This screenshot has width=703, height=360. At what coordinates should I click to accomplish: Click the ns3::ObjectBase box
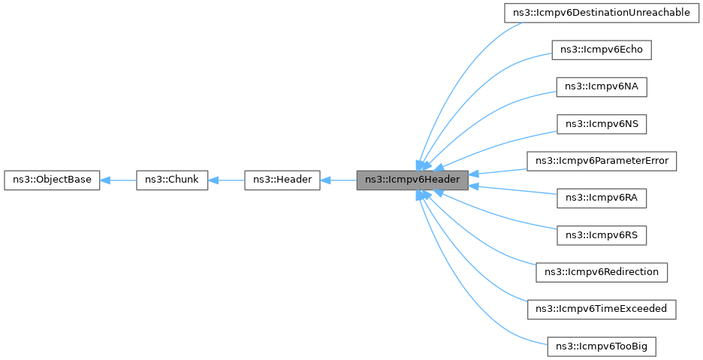52,180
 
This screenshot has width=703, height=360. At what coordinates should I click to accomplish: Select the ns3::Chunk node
172,180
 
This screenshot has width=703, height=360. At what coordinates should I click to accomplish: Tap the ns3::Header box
282,180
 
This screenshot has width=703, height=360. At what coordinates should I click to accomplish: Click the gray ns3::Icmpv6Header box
412,180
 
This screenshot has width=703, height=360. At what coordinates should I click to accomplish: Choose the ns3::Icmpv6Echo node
601,50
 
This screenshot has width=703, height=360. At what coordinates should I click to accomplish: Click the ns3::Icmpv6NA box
601,86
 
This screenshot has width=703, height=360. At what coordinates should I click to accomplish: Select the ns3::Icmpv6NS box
601,123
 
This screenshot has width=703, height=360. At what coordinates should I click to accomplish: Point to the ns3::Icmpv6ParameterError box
602,160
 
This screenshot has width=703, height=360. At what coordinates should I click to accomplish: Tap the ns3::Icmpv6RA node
601,198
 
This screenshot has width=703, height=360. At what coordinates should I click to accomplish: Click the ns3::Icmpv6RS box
601,234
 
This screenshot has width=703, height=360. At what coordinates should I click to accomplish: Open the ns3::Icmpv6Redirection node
602,271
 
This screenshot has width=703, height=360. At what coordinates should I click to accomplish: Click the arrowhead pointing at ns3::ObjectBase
106,180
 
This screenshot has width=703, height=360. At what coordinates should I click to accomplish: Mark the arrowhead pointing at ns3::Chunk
214,180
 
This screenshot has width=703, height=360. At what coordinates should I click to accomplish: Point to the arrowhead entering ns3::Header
326,180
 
